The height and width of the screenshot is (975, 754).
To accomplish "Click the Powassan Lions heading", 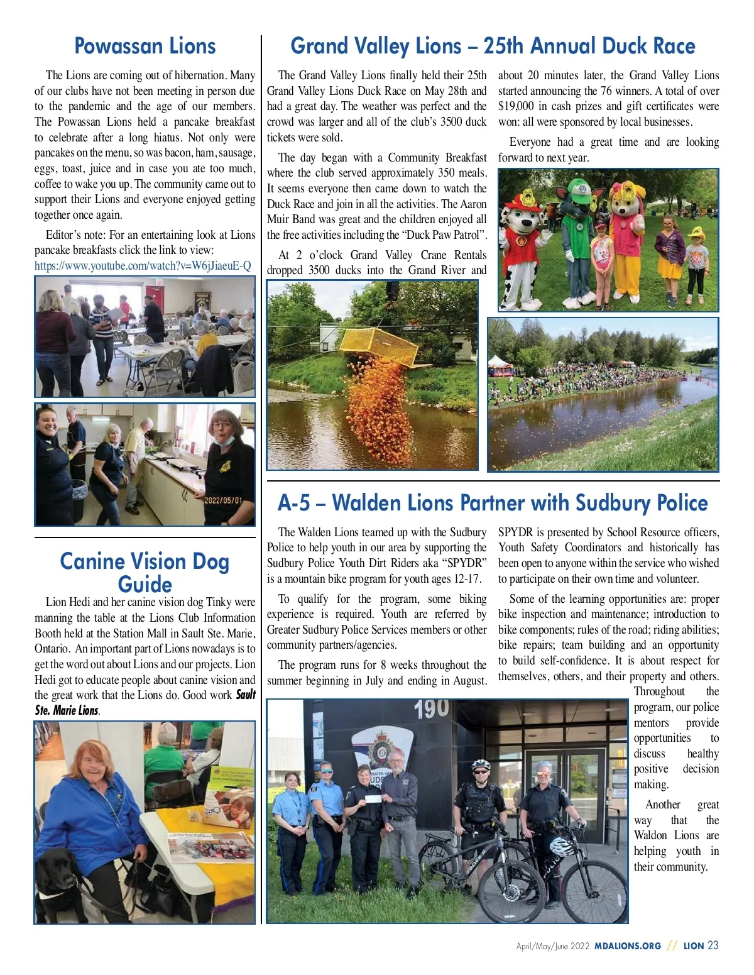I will click(x=145, y=47).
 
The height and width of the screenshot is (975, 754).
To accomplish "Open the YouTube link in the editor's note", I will click(x=143, y=266).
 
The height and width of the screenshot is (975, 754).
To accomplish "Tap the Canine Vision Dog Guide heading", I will click(x=145, y=572).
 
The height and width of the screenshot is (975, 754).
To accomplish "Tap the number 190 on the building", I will click(x=432, y=710).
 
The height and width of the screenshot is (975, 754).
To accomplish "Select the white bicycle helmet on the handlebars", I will click(x=561, y=846).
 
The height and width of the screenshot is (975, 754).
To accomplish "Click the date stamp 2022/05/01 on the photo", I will click(x=223, y=500).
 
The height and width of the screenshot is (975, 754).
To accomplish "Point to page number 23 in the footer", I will click(x=713, y=945).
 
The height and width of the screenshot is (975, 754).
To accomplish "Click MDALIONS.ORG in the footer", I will click(x=628, y=946).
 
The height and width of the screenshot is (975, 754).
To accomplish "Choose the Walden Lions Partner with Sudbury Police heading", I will click(x=493, y=503).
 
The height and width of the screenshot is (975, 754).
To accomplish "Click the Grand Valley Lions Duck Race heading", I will click(x=493, y=47).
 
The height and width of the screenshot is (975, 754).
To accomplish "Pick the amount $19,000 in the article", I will click(x=516, y=106).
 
